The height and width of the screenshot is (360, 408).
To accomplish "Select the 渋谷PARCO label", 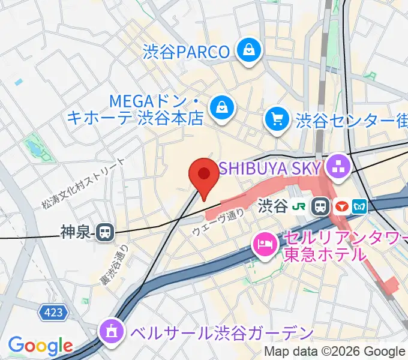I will tap(186, 52).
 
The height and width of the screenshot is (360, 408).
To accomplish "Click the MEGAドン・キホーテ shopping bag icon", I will tap(222, 108).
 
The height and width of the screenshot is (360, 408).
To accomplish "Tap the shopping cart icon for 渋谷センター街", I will tap(277, 119).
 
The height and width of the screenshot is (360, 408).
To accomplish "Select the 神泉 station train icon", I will tap(106, 232).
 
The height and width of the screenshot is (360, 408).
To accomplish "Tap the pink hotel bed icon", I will tap(264, 244).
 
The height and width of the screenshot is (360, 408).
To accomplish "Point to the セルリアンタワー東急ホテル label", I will tap(326, 246).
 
